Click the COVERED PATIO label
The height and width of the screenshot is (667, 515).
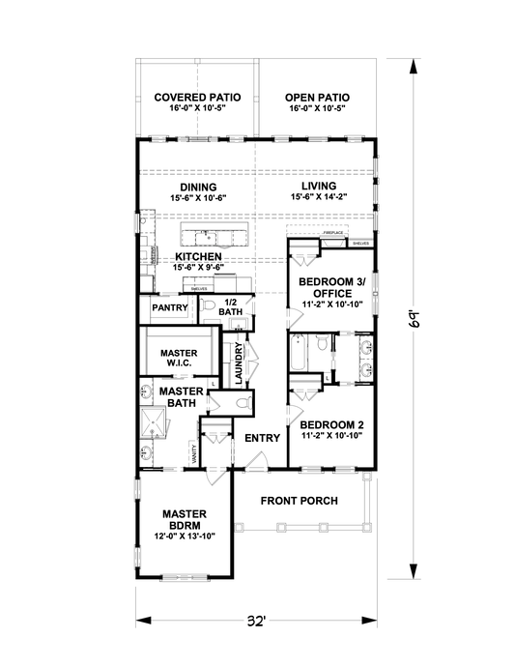coord(197,98)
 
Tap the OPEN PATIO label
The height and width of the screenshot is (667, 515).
coord(317,98)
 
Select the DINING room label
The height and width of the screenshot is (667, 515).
coord(197,187)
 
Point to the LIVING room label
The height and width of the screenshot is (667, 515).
coord(318,186)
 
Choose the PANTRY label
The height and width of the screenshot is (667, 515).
coord(168,308)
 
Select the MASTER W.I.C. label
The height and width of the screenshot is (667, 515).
coord(179,359)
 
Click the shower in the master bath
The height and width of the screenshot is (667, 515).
coord(152,421)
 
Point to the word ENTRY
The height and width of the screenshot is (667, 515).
coord(262,438)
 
